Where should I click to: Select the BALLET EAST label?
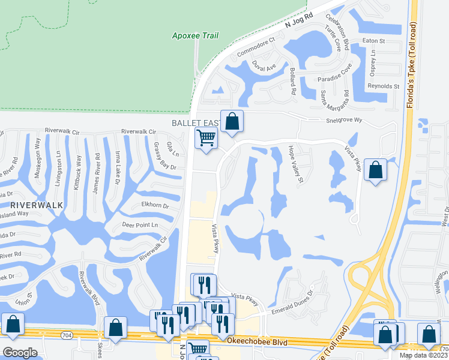[x=194, y=122]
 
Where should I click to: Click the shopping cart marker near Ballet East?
[x=206, y=137]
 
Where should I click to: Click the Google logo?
[x=20, y=353]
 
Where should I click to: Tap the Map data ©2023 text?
[x=423, y=355]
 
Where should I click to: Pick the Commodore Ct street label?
[x=255, y=47]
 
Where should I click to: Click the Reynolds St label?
[x=384, y=86]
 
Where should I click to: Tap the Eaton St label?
[x=373, y=41]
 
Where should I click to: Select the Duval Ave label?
[x=264, y=66]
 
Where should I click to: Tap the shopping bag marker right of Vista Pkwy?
[x=375, y=169]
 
